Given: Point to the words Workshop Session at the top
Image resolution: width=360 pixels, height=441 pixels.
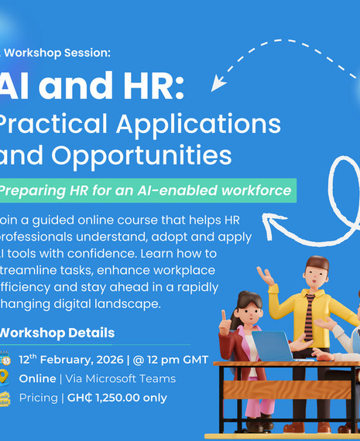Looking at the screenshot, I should coord(57,53).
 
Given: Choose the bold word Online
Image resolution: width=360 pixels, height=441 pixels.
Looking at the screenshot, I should coord(37,379).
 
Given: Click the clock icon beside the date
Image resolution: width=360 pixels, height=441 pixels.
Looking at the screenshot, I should coord(5,360).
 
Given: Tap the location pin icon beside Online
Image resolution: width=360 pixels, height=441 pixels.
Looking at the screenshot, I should coord(5,378).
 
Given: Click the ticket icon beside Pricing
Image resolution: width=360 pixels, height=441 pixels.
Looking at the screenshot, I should coord(5,398).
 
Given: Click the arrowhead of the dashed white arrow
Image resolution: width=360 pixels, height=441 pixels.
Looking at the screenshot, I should coord(219,81).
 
